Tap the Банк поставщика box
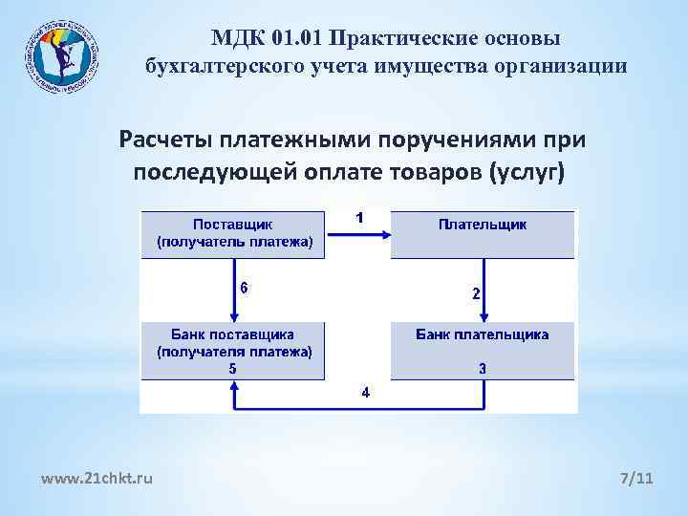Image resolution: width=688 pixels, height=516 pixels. point(233,351)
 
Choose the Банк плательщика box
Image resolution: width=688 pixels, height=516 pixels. point(483,351)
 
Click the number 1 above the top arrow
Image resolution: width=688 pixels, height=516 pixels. point(359,217)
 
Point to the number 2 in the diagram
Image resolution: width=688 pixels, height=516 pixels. point(477,293)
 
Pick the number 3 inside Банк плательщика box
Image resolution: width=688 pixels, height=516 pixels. point(483,368)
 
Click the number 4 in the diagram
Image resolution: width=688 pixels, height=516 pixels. point(365,392)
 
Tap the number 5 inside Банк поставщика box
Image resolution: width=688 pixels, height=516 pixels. point(233,368)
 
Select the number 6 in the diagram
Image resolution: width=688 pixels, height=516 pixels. point(244,288)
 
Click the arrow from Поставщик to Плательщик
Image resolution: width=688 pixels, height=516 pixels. point(358,233)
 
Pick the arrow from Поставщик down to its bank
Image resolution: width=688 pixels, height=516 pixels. point(234,290)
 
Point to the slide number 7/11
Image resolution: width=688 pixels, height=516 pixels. point(637,477)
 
